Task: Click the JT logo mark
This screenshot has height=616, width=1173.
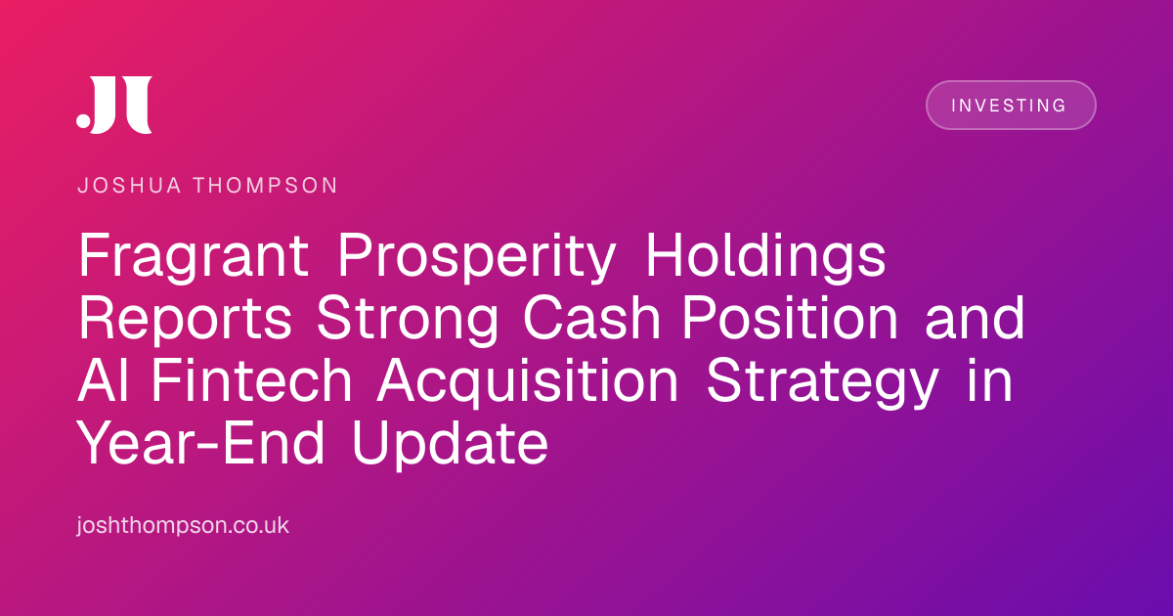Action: (x=114, y=105)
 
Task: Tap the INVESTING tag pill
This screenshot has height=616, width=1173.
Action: (x=1011, y=105)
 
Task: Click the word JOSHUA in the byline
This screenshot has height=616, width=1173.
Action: (x=129, y=186)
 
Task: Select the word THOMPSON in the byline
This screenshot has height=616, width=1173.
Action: (x=266, y=186)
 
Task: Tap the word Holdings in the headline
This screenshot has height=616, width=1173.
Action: (x=765, y=256)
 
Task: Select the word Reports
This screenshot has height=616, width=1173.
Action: (x=185, y=319)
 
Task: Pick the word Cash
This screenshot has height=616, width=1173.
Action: (x=591, y=318)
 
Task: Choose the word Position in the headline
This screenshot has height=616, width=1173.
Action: (x=790, y=317)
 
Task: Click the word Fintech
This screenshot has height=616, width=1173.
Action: (x=251, y=379)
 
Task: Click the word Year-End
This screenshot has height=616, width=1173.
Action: (x=201, y=442)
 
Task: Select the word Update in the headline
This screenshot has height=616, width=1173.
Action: (x=451, y=444)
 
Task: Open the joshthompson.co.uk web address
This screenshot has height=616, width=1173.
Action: (x=183, y=525)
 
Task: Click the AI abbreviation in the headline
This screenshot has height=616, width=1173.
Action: (x=104, y=379)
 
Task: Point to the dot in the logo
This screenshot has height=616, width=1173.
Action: (x=83, y=120)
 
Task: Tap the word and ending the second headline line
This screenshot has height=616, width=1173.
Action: (x=975, y=317)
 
